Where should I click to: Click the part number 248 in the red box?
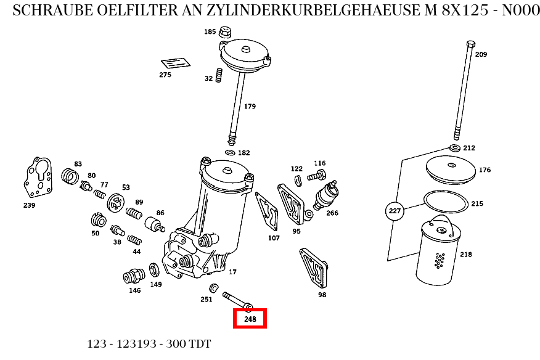250,319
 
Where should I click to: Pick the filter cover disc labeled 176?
452,169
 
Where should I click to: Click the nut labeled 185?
226,32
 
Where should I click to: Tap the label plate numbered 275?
176,63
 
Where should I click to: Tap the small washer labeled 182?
231,153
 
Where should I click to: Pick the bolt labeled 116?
316,176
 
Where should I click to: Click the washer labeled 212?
454,148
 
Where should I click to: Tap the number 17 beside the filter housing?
232,272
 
